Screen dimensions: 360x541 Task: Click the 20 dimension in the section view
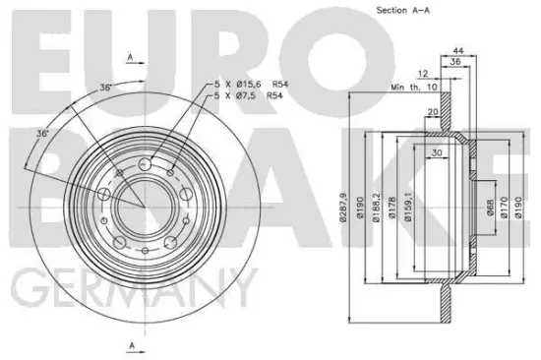434,112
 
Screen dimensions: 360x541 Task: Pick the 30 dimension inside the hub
437,153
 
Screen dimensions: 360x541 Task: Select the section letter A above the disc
130,58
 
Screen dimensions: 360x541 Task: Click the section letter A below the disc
130,344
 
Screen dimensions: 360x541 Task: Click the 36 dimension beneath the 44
454,62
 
